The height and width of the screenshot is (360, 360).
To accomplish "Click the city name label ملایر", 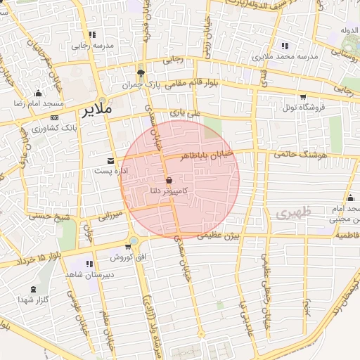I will (x=96, y=111).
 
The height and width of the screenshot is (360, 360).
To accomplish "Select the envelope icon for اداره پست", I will (x=110, y=161).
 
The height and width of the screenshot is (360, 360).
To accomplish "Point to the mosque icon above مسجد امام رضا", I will (x=38, y=94).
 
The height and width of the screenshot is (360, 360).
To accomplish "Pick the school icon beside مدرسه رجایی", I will (x=93, y=34).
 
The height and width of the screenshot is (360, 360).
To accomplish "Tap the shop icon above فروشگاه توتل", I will (x=303, y=96).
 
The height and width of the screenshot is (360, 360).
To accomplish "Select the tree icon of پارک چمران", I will (x=141, y=72).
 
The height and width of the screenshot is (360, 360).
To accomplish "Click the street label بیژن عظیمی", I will (x=218, y=237).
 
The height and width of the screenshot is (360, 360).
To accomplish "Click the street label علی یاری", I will (x=186, y=112).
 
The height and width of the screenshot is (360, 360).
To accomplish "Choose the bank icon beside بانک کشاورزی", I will (x=56, y=118).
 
